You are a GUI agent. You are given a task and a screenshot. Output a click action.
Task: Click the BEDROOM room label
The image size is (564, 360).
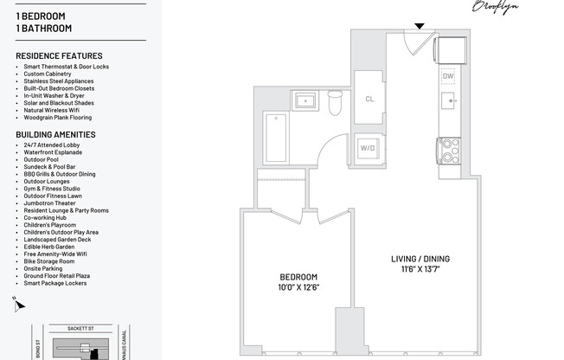tap(298, 277)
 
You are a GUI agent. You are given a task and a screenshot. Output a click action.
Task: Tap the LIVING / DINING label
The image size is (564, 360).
tap(420, 259)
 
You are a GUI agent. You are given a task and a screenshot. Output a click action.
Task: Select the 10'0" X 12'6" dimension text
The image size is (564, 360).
tap(298, 287)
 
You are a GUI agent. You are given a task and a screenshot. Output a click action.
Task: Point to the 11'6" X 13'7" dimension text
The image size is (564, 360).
tap(420, 269)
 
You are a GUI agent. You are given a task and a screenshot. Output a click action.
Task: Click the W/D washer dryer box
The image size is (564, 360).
tap(368, 148)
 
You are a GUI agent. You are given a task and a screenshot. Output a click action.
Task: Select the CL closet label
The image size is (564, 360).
tap(369, 100)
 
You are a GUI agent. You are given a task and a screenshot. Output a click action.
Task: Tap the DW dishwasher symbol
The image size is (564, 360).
tap(448, 76)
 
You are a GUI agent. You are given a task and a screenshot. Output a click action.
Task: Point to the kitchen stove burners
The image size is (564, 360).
tap(449, 151)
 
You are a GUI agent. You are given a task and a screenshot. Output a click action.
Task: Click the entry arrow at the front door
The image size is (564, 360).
tap(419, 25)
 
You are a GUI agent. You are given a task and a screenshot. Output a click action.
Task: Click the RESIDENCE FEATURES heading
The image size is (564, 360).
tap(59, 55)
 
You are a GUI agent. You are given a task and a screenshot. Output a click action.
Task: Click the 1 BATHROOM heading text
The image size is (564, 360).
tap(43, 28)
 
